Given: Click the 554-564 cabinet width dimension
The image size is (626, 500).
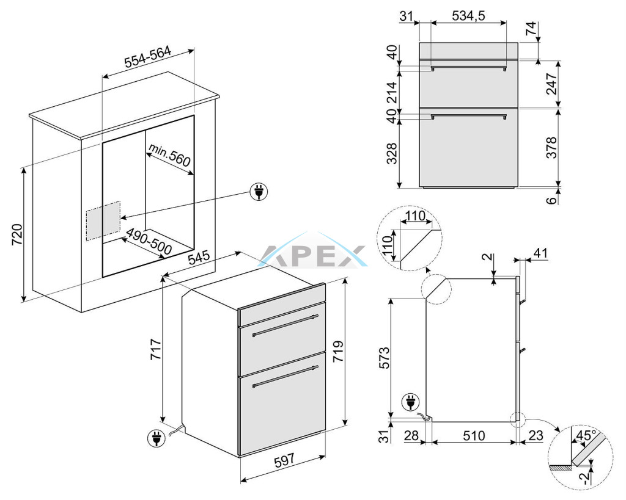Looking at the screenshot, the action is click(148, 57).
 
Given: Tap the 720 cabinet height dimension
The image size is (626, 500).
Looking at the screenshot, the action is click(17, 235).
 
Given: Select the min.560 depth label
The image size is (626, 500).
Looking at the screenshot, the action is click(169, 155).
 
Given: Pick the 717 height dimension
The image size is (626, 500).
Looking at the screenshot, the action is click(155, 349).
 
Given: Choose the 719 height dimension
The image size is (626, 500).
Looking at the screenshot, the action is click(337, 351).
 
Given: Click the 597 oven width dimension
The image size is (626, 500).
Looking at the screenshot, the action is click(284, 460).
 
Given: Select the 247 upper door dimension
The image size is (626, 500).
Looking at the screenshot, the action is click(551, 84).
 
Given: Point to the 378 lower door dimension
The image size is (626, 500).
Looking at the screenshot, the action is click(551, 147).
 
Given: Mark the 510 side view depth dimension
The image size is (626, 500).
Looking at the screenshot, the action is click(474, 436).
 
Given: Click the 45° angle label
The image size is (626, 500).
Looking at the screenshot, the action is click(586, 435).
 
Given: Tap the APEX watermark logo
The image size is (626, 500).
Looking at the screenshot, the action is click(313, 255).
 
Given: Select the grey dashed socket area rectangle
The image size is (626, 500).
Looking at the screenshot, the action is click(103, 220).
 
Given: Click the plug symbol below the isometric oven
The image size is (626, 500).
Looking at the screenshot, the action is click(156, 438).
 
